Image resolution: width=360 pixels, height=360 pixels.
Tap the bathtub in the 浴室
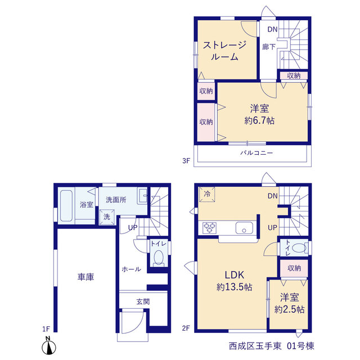[66, 206]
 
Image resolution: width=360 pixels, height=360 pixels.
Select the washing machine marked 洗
[107, 217]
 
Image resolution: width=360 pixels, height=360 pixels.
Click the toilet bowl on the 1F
[159, 258]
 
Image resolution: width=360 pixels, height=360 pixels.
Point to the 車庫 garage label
[85, 277]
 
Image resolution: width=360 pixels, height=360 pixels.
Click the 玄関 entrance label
[143, 301]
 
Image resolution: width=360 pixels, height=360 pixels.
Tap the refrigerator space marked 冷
[207, 194]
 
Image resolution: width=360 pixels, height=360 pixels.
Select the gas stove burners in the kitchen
[209, 228]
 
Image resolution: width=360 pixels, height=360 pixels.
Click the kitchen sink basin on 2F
[244, 228]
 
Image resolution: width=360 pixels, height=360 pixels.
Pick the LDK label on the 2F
[235, 275]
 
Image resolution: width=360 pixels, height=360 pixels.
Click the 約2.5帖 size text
[290, 309]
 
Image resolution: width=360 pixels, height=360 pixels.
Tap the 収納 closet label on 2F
[294, 268]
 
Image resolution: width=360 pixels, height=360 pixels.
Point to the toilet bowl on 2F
[300, 248]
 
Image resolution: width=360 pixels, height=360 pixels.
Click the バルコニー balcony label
[256, 153]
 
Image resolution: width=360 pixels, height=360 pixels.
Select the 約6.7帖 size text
[259, 120]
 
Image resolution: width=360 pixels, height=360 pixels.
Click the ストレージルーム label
[224, 51]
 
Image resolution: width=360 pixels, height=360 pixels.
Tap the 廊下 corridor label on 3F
[269, 47]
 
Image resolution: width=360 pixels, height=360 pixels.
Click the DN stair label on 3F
[272, 29]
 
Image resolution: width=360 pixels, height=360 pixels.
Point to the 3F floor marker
[186, 161]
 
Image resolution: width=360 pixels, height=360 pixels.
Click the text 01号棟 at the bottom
[300, 346]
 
